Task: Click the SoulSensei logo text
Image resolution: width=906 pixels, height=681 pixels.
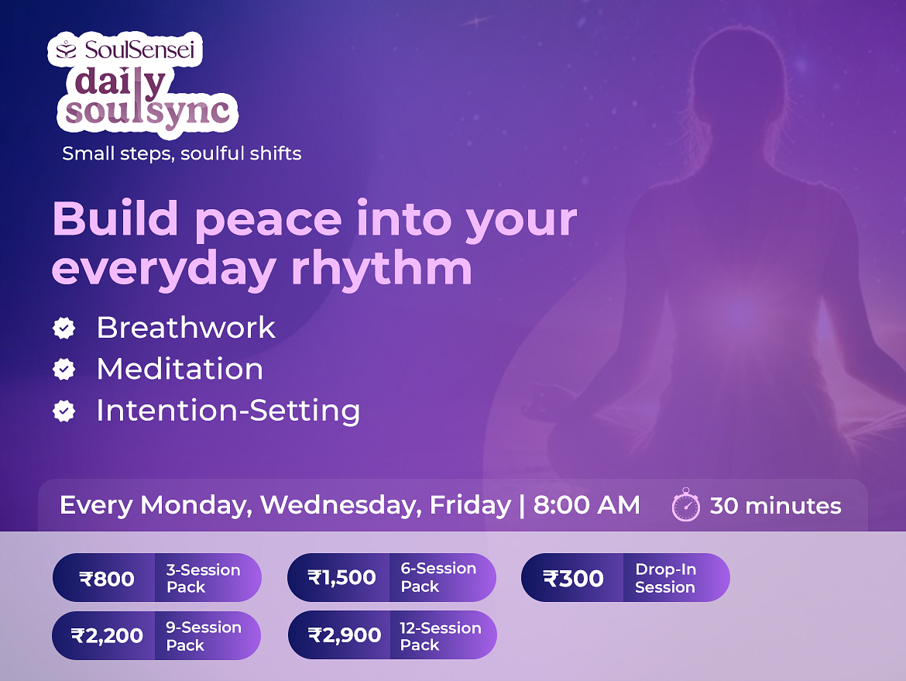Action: [x=139, y=50]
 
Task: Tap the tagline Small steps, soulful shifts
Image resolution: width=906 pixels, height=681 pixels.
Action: [x=182, y=153]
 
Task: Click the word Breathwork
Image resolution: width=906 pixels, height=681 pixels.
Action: [x=186, y=327]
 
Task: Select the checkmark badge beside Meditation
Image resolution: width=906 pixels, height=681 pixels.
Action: [x=63, y=369]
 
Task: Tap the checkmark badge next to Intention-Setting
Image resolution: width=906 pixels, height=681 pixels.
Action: [x=63, y=411]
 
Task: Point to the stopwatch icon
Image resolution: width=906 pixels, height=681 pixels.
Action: [x=686, y=504]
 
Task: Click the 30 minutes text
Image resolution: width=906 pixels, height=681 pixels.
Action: [x=775, y=506]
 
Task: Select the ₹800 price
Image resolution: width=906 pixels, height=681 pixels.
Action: [x=107, y=578]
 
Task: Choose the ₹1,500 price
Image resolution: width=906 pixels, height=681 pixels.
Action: [x=342, y=577]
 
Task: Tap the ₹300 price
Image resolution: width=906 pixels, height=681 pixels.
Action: [x=573, y=578]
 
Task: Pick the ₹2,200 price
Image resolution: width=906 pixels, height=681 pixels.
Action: [x=107, y=635]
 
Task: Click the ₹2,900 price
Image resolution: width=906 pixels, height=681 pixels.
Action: [x=345, y=635]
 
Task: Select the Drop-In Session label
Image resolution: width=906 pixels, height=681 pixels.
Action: [x=666, y=578]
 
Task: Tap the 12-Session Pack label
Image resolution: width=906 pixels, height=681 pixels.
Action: [x=441, y=636]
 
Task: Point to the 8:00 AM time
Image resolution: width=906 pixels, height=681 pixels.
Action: [x=586, y=504]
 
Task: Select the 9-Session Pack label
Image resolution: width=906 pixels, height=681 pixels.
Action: [x=204, y=636]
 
